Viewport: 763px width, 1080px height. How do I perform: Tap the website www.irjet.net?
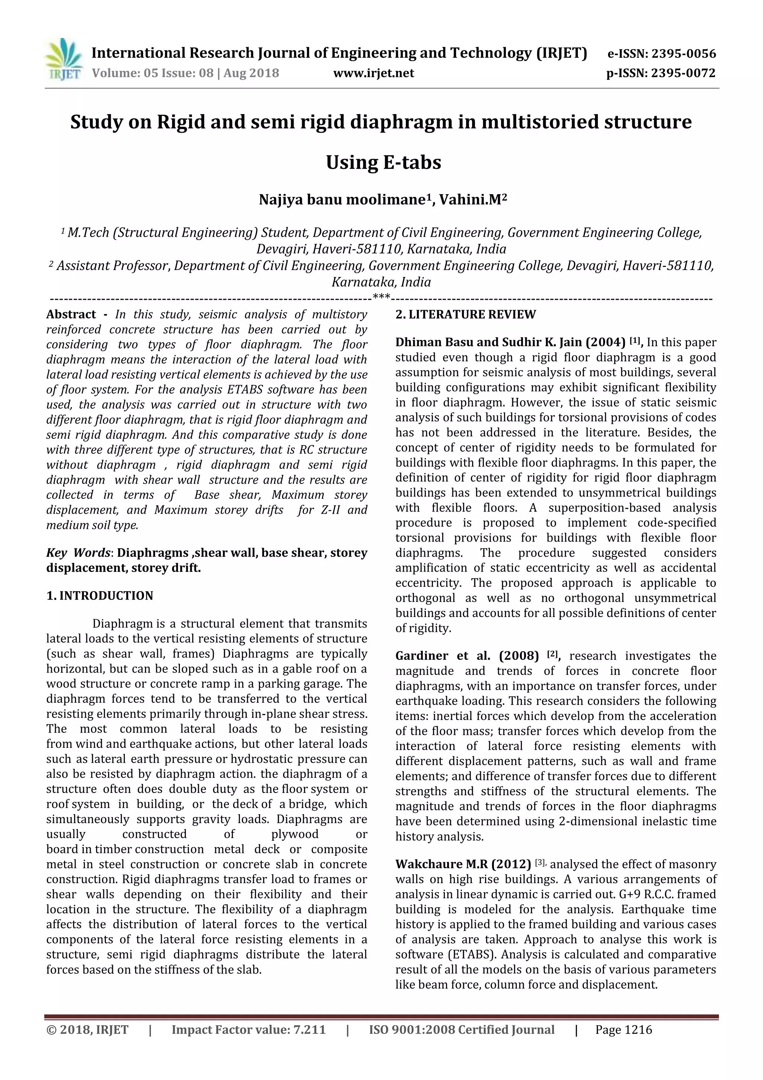tap(374, 73)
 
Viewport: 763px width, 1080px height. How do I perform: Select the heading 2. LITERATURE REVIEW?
tap(465, 315)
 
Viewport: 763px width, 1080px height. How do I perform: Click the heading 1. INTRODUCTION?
tap(100, 596)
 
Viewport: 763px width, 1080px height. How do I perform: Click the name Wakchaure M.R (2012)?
tap(463, 865)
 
